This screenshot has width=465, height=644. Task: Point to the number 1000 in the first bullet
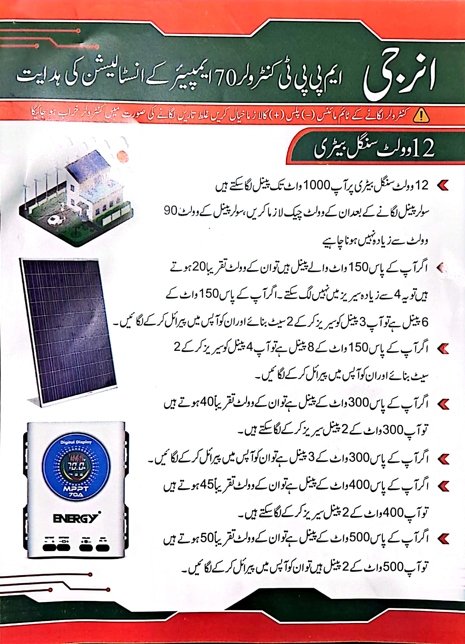[317, 186]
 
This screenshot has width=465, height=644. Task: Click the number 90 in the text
[170, 211]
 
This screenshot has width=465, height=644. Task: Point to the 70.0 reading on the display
[76, 466]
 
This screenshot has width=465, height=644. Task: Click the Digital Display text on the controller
[76, 442]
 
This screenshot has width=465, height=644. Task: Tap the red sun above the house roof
[123, 157]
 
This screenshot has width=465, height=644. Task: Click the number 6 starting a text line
[425, 322]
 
